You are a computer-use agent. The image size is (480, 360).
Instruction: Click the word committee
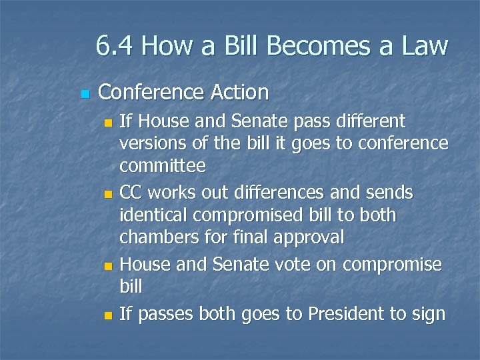(163, 165)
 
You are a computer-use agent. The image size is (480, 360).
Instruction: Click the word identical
(150, 216)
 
